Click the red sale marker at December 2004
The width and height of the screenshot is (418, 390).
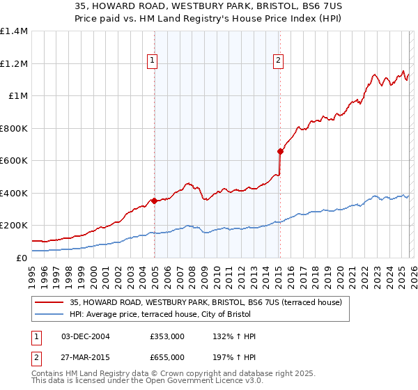tap(153, 201)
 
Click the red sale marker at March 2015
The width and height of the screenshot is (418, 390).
tap(280, 151)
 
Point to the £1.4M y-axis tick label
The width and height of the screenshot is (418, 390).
tap(14, 31)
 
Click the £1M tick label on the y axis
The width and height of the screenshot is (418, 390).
tap(17, 96)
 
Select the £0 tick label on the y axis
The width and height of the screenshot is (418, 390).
tap(21, 258)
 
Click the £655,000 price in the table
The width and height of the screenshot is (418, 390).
tap(167, 357)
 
